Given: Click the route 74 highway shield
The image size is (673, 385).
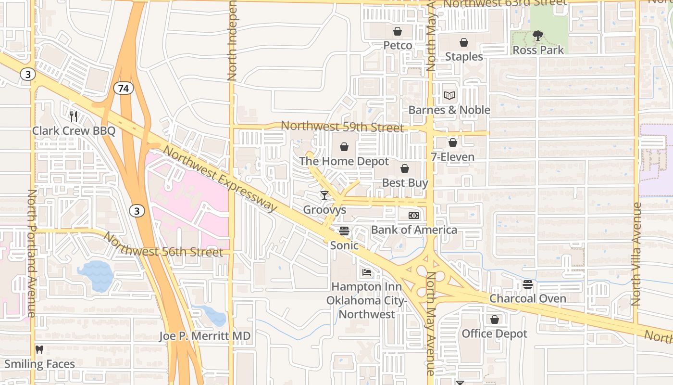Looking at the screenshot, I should pos(124,88).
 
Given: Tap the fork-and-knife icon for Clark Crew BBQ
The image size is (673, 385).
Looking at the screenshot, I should pos(74,116).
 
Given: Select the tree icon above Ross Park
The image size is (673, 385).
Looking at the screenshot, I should pos(538,36).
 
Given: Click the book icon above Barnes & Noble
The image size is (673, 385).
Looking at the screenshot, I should pos(449,96).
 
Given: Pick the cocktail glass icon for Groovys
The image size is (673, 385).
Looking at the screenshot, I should pos(324,195).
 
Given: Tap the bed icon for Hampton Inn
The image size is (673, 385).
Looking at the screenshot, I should pos(367,272).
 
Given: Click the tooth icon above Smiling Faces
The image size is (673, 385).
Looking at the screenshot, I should pos(39,350).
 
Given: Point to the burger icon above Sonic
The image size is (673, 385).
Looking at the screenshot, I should pos(344,231).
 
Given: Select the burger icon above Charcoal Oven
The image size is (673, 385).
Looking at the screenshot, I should pos(527,284).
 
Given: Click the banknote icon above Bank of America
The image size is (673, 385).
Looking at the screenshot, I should pos(413,215).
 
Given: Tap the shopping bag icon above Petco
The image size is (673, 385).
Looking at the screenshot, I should pos(398,32).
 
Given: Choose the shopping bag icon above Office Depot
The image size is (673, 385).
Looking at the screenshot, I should pos(494,320).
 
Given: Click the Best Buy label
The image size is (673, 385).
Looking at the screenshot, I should pos(405,183).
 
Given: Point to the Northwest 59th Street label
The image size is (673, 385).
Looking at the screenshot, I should pos(342,127).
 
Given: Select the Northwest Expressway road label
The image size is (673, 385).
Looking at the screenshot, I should pos(220,179).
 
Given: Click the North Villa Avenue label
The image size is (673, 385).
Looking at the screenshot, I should pos(636,254).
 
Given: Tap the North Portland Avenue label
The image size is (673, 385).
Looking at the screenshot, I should pos(32,253).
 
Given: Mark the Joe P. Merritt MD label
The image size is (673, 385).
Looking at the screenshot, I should pos(205,336).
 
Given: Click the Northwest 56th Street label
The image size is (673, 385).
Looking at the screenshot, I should pos(163,245).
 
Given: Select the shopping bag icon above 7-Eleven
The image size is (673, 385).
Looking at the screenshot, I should pos(452,143).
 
